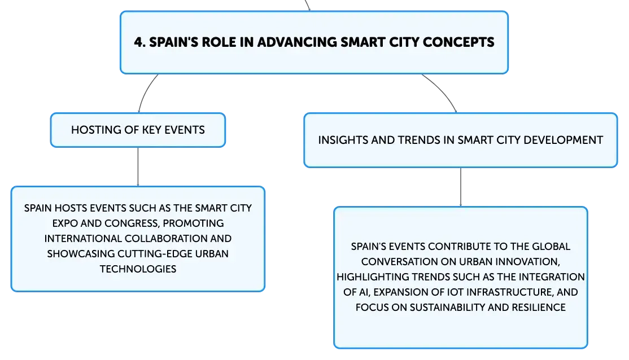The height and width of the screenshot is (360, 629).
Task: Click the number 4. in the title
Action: coord(139,42)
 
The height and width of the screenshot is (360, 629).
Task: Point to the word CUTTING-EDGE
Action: coord(155,254)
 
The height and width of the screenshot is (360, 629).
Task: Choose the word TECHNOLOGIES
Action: coord(138,269)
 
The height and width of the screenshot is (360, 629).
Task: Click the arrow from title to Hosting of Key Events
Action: coord(145,91)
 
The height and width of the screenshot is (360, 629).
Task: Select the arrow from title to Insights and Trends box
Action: coord(443,91)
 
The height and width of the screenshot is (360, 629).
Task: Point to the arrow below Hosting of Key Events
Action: coord(138,167)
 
